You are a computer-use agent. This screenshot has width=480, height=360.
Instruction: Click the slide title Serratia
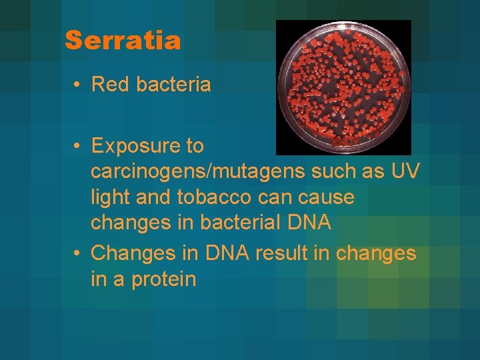tap(123, 41)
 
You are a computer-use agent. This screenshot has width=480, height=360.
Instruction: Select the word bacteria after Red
tap(173, 85)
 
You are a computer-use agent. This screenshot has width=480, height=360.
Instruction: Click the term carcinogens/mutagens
tap(197, 171)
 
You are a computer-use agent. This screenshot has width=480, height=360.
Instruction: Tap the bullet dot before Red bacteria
tap(78, 85)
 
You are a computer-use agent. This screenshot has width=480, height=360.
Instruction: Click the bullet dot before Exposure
tap(78, 146)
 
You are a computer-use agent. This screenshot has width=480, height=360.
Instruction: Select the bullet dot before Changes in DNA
tap(78, 254)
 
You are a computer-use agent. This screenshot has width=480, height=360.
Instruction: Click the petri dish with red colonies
tap(343, 87)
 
